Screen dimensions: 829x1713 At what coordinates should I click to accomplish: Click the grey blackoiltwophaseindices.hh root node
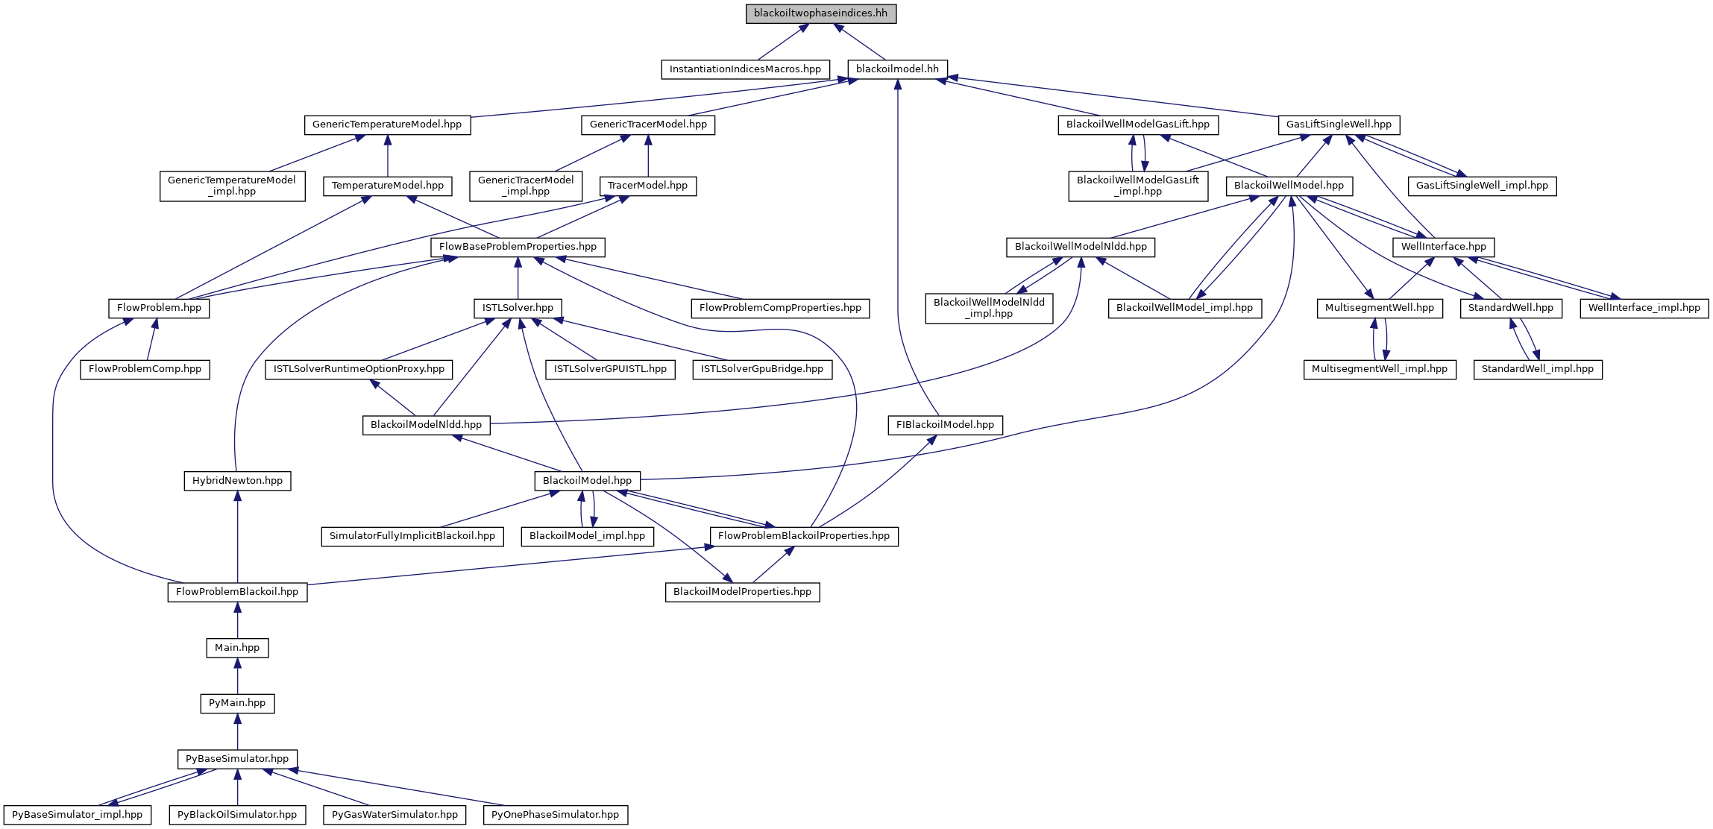pos(820,13)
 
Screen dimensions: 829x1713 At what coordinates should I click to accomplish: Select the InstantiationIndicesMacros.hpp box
pos(745,69)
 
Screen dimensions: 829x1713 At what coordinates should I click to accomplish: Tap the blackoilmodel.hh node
pos(897,69)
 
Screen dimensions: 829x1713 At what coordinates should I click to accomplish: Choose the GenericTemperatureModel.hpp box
pos(387,124)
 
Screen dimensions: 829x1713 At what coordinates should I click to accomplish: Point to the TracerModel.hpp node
pos(647,186)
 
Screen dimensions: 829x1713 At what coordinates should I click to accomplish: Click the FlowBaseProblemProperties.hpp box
pos(518,247)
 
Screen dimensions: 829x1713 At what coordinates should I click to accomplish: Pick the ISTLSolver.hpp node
pos(518,308)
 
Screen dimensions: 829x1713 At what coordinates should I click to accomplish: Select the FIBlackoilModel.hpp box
pos(945,425)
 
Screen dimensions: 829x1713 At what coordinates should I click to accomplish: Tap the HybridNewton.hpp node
pos(237,481)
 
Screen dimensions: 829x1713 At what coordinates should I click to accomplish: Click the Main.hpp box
pos(237,648)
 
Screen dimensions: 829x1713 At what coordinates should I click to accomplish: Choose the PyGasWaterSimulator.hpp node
pos(395,815)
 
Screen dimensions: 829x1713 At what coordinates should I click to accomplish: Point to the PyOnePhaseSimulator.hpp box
pos(555,815)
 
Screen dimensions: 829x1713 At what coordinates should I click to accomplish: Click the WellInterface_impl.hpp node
pos(1644,308)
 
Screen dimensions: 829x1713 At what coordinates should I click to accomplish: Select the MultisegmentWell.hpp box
pos(1379,308)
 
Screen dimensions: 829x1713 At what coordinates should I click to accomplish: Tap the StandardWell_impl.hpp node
pos(1537,369)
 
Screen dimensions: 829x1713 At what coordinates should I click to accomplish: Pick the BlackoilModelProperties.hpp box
pos(742,592)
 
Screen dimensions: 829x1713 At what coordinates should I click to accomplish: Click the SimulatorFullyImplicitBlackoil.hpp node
pos(412,536)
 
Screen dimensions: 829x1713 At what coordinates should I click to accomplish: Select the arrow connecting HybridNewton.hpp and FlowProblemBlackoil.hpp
pos(237,537)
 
